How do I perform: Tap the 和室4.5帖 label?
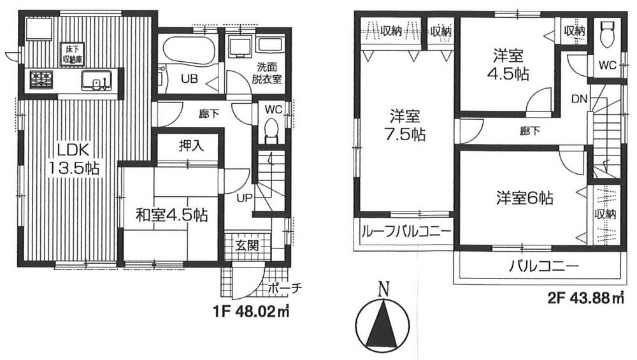coord(171,215)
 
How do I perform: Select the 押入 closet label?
coord(189,146)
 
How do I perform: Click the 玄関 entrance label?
coord(247,245)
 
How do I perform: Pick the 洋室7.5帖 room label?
coord(405,126)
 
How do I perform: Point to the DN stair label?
coord(579,99)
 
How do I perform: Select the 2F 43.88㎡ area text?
coord(585,298)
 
